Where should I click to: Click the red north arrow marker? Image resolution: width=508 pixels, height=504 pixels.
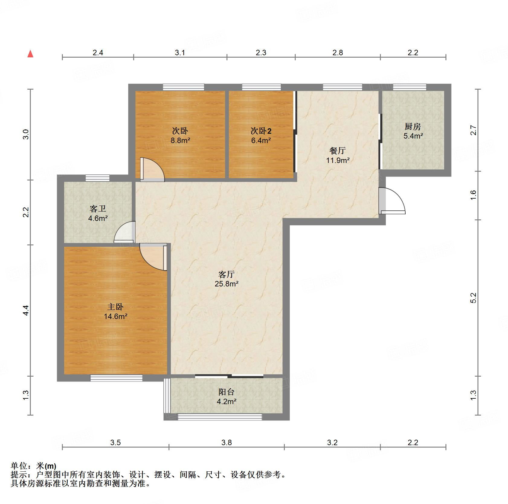click(x=30, y=54)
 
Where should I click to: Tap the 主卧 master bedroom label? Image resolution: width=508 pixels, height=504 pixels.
click(x=115, y=307)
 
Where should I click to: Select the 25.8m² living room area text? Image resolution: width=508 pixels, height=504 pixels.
click(x=227, y=284)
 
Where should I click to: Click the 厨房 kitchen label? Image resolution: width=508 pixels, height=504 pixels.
click(x=413, y=126)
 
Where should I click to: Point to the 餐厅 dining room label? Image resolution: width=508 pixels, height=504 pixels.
click(x=337, y=151)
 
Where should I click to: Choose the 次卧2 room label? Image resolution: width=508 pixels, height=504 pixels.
click(x=261, y=131)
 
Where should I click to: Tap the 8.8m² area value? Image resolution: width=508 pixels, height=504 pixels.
click(x=180, y=140)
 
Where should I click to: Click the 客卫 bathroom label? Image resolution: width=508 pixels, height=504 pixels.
click(x=98, y=209)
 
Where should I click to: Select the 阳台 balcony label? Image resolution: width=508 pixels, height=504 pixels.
click(x=227, y=392)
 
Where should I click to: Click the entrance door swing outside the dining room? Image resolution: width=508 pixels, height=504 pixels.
click(x=392, y=201)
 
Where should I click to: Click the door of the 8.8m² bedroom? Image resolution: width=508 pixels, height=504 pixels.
click(x=152, y=170)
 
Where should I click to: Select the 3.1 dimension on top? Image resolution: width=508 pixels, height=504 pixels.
click(x=180, y=53)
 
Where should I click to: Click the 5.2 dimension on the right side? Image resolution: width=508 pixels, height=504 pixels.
click(x=473, y=298)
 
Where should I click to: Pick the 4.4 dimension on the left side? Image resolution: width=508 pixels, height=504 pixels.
click(x=26, y=310)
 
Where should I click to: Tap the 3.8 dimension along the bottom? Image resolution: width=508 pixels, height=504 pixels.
click(x=227, y=442)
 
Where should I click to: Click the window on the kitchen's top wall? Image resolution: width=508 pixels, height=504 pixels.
click(x=410, y=87)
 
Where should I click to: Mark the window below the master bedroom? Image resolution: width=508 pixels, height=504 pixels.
click(x=116, y=378)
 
